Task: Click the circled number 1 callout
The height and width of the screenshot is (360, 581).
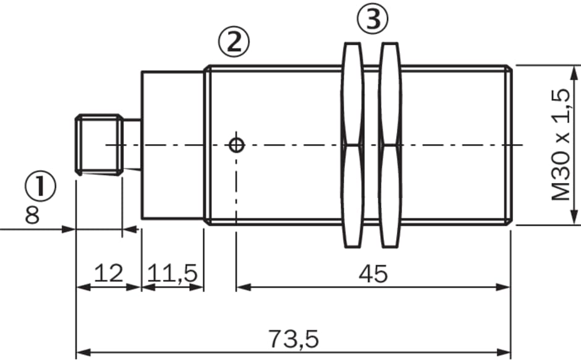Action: [x=40, y=186]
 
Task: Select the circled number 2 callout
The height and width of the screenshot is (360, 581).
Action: [x=234, y=41]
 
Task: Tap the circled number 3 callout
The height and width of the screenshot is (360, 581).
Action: [x=373, y=19]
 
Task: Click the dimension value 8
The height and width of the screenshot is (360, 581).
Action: [x=32, y=215]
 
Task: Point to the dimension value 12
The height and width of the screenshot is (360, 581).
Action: [x=108, y=273]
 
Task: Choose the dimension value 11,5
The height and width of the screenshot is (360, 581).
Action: [x=172, y=274]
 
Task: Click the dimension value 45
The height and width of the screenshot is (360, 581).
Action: [x=373, y=274]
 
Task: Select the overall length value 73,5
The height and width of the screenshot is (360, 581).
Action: [x=293, y=339]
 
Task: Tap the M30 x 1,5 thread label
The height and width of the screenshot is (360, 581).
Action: [x=560, y=145]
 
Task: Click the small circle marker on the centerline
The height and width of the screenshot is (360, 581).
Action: [x=236, y=145]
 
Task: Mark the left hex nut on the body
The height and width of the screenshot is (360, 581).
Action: [x=352, y=145]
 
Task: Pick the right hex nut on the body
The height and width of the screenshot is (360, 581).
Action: [x=390, y=145]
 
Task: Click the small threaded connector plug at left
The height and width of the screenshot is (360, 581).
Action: [x=100, y=145]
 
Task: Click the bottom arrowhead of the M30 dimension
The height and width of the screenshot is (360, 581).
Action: [x=574, y=217]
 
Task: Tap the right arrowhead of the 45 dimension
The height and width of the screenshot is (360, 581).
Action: [x=503, y=287]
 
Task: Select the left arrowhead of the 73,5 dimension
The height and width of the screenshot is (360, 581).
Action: [x=83, y=352]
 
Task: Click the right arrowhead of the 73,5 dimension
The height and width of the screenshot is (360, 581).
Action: [x=503, y=352]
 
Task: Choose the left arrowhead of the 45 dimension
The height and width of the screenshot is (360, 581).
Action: [x=244, y=287]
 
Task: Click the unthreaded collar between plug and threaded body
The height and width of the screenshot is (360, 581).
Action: [x=172, y=145]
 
